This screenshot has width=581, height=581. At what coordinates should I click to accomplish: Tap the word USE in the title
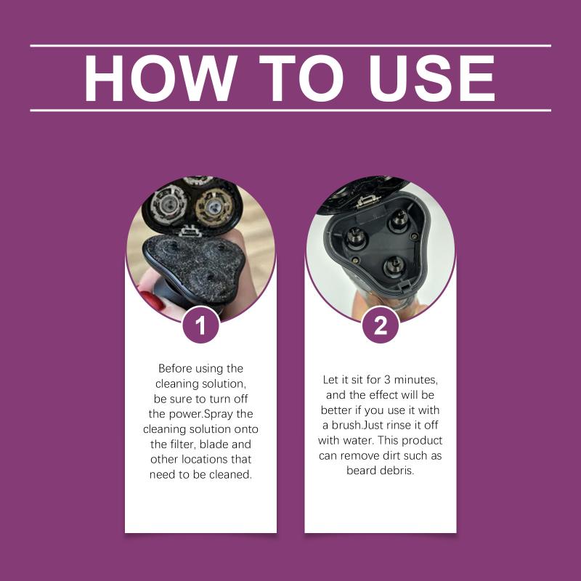click(x=431, y=78)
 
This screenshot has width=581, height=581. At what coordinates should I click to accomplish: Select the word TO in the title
click(x=301, y=78)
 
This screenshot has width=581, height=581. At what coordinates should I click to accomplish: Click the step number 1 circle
click(x=201, y=325)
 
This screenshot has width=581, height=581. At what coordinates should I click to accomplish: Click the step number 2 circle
click(x=381, y=325)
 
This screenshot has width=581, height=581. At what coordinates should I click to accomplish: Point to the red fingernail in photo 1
click(x=151, y=300)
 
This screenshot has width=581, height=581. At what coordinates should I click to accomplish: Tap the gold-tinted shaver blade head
click(x=214, y=208)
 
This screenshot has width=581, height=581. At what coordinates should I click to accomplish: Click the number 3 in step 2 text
click(x=387, y=380)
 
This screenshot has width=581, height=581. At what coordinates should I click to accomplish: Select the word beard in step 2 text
click(x=361, y=471)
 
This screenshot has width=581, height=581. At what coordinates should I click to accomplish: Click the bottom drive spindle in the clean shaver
click(x=394, y=266)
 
